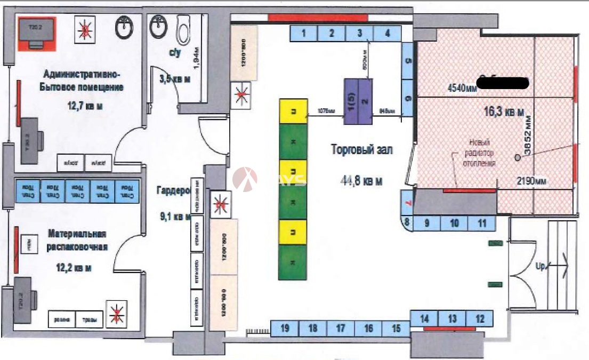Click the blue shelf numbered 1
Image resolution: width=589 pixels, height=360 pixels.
coord(303,34)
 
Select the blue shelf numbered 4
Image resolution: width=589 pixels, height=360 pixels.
coord(388,34)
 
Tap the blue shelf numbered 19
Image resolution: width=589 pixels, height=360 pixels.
coord(285,328)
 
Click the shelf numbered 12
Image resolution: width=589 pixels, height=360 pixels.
coord(480,318)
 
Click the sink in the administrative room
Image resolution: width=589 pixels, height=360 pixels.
coord(125,28)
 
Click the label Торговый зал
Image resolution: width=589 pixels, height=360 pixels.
coord(361,150)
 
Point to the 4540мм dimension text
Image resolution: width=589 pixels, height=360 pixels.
coord(462,87)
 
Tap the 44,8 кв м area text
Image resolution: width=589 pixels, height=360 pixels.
coord(361,181)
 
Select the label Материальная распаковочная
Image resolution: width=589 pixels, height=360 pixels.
coord(77,240)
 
